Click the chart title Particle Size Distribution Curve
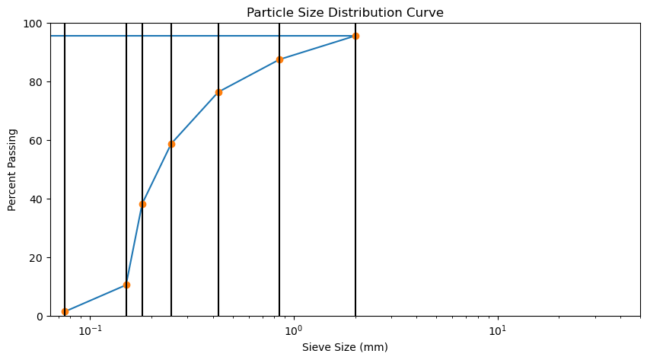click(345, 12)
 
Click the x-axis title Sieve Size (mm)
click(345, 347)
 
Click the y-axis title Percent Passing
click(12, 170)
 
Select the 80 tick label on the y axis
click(37, 82)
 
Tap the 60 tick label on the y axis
click(37, 141)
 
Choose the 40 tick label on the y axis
click(37, 199)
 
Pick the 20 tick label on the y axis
click(37, 258)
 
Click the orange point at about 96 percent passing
click(355, 36)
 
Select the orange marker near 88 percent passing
click(279, 59)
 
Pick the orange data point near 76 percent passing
click(218, 92)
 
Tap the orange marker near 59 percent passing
click(171, 144)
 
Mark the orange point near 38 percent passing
click(142, 204)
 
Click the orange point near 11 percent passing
click(126, 285)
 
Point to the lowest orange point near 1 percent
click(65, 311)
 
